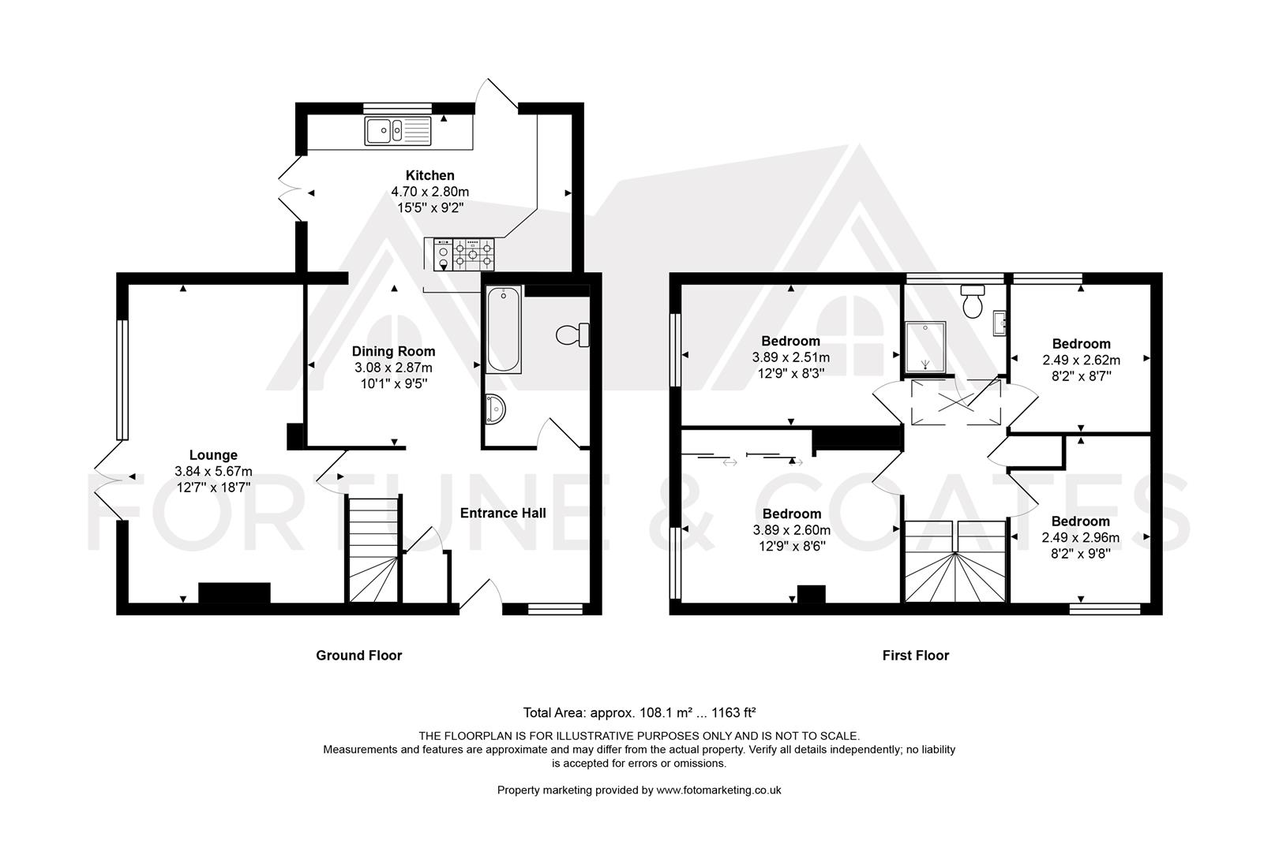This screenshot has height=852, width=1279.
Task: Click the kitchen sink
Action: click(398, 131)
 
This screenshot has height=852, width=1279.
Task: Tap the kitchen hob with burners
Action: click(474, 255)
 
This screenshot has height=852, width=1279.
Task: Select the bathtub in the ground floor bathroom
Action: click(503, 329)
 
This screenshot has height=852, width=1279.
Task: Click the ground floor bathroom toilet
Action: click(572, 335)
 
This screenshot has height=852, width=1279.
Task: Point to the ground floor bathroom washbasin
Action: click(496, 409)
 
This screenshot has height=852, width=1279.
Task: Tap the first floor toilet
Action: click(972, 301)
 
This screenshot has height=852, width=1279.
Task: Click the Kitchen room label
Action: click(430, 175)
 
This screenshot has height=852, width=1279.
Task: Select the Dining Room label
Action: click(393, 352)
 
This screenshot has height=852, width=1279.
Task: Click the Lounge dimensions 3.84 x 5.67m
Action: click(213, 472)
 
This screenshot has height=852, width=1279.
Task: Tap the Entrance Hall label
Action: click(503, 513)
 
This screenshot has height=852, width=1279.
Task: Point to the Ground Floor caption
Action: click(359, 655)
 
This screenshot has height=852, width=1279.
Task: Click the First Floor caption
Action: click(916, 655)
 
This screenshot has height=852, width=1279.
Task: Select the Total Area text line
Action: click(639, 712)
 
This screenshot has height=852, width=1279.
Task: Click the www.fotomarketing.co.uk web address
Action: click(719, 790)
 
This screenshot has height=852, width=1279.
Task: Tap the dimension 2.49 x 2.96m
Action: click(1080, 537)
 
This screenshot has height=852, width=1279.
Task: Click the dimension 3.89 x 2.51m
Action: click(791, 357)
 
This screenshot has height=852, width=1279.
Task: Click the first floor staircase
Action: click(955, 561)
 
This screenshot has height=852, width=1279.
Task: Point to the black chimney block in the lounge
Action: click(234, 593)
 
